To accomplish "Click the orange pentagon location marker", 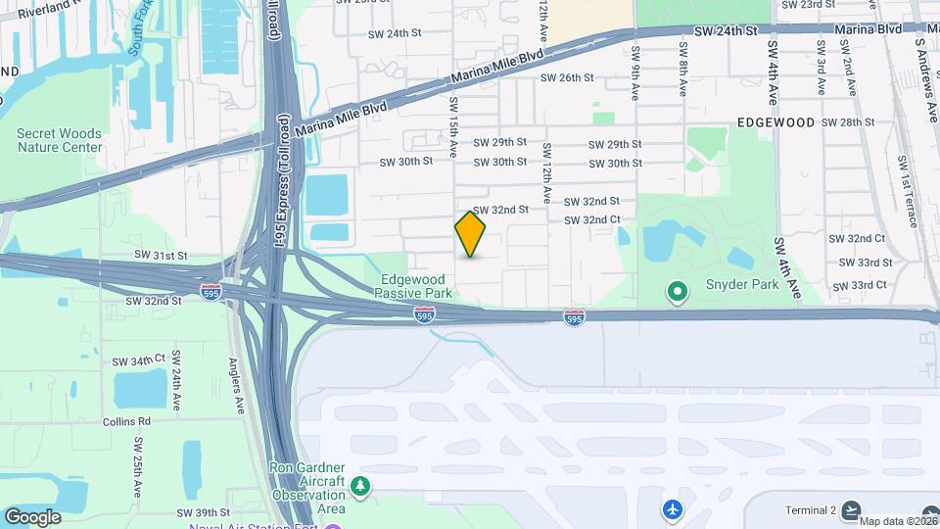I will tap(471, 235).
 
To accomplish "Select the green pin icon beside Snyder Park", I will tap(676, 291).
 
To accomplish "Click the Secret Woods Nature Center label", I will tap(59, 140).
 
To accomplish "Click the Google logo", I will tap(32, 516).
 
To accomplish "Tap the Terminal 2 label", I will tap(811, 510).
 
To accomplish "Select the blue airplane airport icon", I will tap(672, 509).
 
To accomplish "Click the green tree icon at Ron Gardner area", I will tap(361, 486).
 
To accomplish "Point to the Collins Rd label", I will tap(126, 421).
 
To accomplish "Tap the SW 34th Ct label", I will tap(139, 361).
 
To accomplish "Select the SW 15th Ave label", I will tap(454, 127).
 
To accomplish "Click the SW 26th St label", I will tap(568, 77).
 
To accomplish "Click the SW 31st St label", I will tap(161, 255).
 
